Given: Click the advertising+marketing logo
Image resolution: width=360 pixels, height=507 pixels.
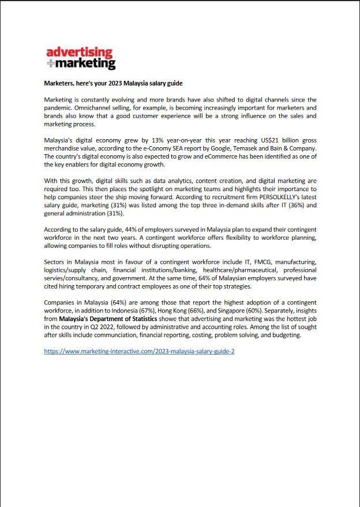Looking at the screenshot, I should [81, 57].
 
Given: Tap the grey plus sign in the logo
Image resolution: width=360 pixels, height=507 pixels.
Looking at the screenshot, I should [50, 64].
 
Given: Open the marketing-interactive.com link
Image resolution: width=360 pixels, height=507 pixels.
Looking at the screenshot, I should [139, 351].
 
